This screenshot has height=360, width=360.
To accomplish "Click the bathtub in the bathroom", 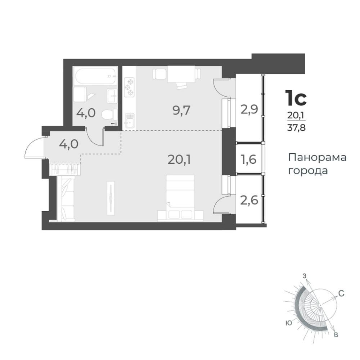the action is coord(95,76).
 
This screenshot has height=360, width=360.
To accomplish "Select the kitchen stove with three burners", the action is coord(129,87).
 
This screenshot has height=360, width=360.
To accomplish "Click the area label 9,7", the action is coord(181,111).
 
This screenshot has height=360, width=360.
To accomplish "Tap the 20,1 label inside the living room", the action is coord(179,159).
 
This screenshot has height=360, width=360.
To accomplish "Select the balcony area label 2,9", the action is coord(249,109).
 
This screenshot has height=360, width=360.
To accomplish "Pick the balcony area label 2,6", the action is coord(249,199).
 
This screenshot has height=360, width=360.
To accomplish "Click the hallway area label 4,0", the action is coord(69,144).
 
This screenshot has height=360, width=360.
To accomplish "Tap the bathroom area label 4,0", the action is coord(86,113).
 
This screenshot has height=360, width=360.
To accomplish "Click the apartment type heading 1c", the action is coord(296,98).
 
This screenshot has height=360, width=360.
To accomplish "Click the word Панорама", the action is coord(317,158).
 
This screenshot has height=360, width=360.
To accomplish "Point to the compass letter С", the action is coord(341,293).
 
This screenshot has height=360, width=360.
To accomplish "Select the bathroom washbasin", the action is coord(112,95).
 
